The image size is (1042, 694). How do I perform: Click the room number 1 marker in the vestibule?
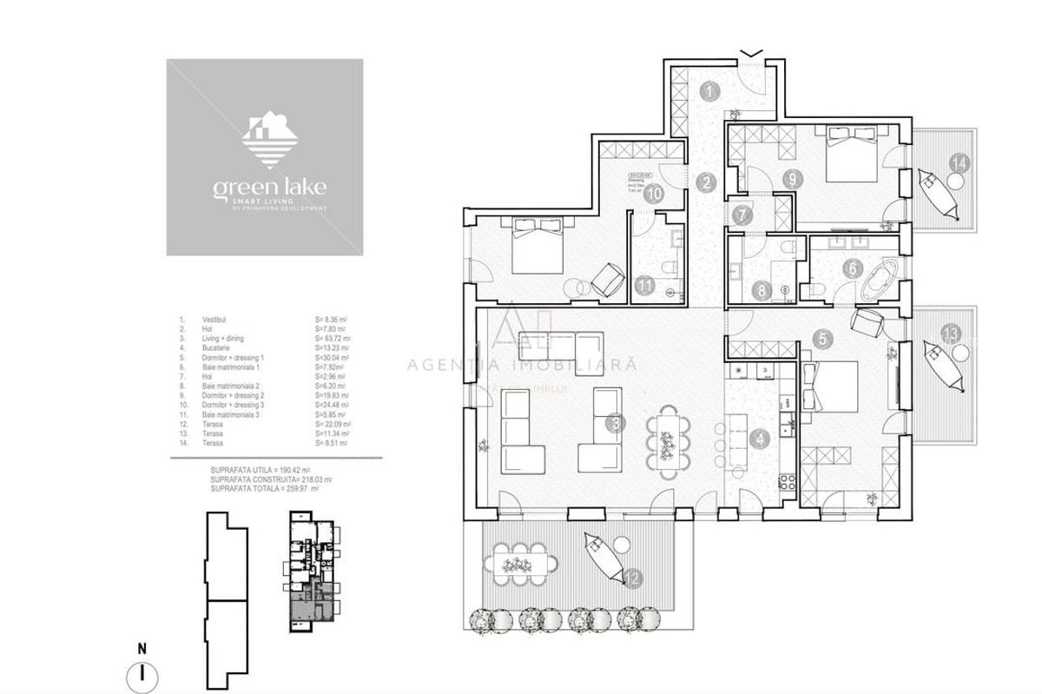tap(711, 90)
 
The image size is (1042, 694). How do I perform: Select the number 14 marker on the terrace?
tap(959, 162)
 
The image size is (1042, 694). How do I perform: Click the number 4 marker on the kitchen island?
tap(762, 439)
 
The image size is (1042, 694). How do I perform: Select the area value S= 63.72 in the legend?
tap(332, 339)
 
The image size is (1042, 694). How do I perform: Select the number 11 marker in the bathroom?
tap(643, 283)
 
